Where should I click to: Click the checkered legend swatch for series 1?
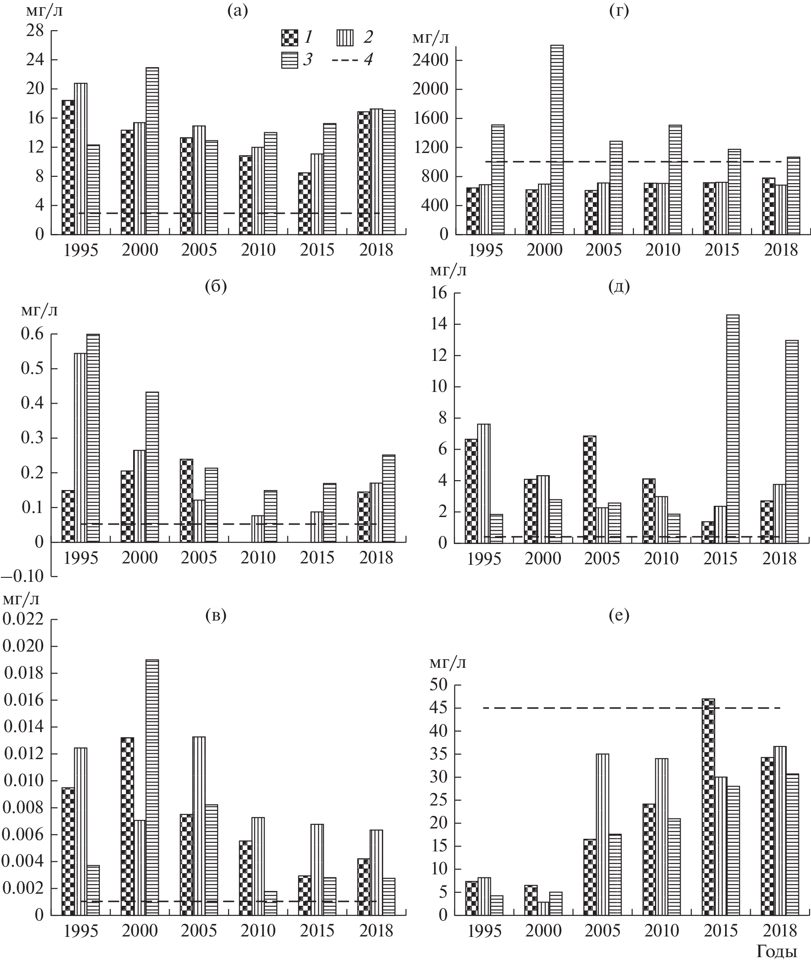click(289, 38)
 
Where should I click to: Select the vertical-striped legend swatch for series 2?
click(345, 38)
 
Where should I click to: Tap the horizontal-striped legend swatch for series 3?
click(289, 60)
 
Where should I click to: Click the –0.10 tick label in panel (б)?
click(23, 576)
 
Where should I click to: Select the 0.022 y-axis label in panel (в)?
click(23, 619)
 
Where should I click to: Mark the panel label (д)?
click(619, 287)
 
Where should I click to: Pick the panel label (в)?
click(215, 615)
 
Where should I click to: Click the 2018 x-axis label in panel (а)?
click(376, 250)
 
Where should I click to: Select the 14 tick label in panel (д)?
click(439, 324)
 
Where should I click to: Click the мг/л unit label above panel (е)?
click(448, 662)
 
